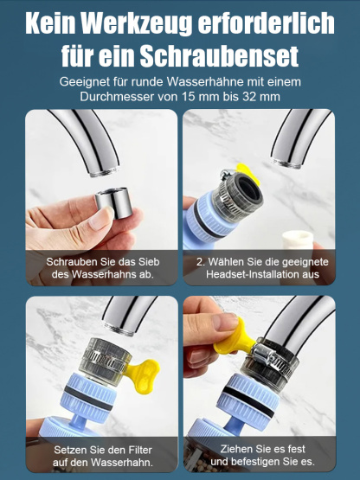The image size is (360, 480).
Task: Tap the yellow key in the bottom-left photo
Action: pos(132,357)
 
